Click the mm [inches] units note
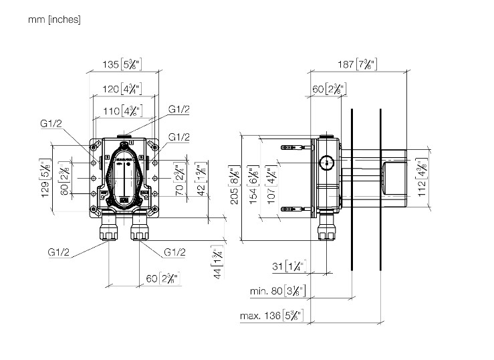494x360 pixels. point(54,20)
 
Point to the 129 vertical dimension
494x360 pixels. point(46,180)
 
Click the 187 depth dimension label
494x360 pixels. point(358,64)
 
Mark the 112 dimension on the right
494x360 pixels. point(420,178)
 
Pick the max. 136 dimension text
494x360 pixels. point(274,314)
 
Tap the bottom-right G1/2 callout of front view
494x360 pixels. point(174,252)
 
